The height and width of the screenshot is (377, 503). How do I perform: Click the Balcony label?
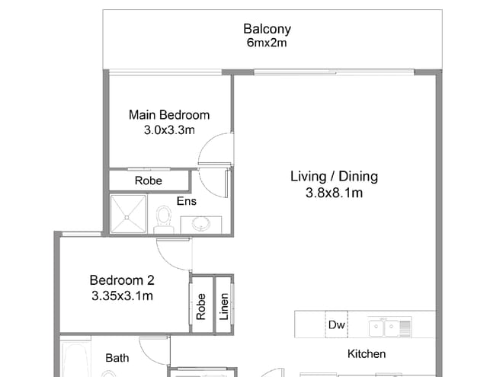267,30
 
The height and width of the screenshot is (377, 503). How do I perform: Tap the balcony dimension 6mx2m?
267,43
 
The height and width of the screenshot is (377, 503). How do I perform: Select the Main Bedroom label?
168,115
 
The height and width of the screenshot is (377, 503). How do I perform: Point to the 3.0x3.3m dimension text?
168,130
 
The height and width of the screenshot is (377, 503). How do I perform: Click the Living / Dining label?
334,177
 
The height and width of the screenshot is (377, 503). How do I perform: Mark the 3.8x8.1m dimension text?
334,193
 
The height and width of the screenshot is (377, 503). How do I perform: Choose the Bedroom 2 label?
121,279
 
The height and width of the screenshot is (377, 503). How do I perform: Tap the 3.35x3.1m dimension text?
121,294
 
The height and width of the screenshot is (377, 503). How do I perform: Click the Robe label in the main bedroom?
148,181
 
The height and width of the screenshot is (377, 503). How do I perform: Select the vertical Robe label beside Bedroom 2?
201,305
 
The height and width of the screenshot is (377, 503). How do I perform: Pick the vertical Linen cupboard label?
224,305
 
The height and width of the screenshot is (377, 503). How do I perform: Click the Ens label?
186,202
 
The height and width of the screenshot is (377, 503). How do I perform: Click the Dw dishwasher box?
336,324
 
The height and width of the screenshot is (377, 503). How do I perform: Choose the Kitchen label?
367,354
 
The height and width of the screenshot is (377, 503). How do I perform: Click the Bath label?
117,357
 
